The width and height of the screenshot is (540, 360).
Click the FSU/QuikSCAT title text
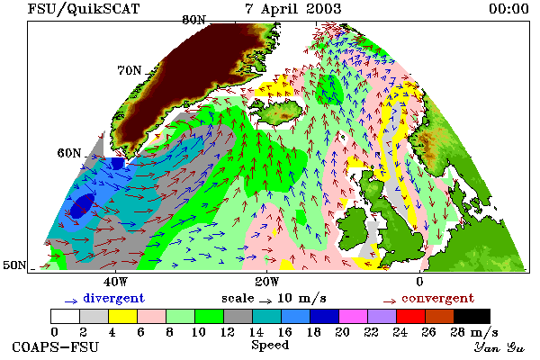tap(84, 9)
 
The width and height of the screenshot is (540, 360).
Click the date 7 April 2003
tap(293, 8)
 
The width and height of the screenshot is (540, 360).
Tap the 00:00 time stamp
tap(508, 9)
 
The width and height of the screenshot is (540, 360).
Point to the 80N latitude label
tap(193, 20)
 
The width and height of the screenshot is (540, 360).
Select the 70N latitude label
tap(130, 70)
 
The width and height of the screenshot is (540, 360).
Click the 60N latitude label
tap(69, 153)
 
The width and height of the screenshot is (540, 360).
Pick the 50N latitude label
tap(14, 265)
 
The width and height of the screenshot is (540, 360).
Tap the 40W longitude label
tap(115, 282)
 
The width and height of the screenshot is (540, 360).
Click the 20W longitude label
tap(267, 282)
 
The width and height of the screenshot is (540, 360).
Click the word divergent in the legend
tap(114, 298)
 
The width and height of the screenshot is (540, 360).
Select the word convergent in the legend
tap(438, 298)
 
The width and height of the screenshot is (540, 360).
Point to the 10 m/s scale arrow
tap(265, 301)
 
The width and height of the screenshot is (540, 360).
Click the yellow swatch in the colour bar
tap(122, 316)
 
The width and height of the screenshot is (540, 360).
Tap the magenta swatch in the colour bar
tap(354, 316)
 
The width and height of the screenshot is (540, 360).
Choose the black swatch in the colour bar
tap(472, 316)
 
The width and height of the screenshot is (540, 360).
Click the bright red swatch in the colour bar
tap(411, 316)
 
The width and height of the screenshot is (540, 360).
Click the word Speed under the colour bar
tap(270, 346)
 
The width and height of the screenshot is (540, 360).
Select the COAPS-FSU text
tap(56, 346)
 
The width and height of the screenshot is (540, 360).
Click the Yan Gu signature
tap(499, 347)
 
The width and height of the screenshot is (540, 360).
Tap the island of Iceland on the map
tap(277, 111)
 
